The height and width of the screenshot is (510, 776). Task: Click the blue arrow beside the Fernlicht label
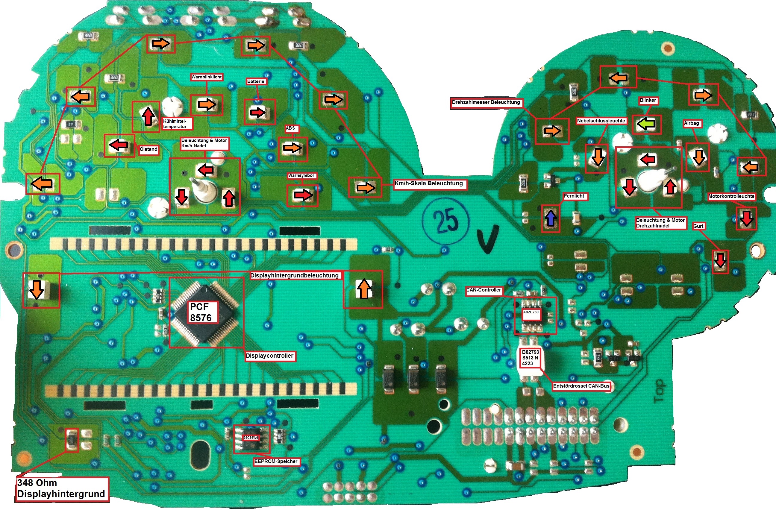click(x=551, y=218)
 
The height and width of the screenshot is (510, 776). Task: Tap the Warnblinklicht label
click(x=207, y=77)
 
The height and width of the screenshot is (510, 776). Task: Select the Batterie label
click(x=256, y=81)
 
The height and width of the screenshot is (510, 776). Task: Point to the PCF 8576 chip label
click(x=201, y=312)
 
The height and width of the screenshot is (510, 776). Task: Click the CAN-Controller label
click(x=484, y=290)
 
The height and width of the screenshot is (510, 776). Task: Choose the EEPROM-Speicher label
click(x=276, y=462)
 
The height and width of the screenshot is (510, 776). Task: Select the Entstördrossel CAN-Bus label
click(x=581, y=386)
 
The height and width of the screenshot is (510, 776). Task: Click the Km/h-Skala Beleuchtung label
click(x=429, y=183)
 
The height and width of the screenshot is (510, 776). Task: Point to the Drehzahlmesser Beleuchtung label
click(x=486, y=102)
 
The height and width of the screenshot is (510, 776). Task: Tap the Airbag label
click(x=691, y=123)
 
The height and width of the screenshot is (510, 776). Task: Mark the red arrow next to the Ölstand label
click(x=118, y=145)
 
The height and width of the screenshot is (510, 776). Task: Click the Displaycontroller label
click(x=270, y=356)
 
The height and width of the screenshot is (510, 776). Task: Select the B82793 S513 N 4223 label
click(x=530, y=357)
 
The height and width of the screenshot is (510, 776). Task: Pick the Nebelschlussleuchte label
click(x=601, y=121)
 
